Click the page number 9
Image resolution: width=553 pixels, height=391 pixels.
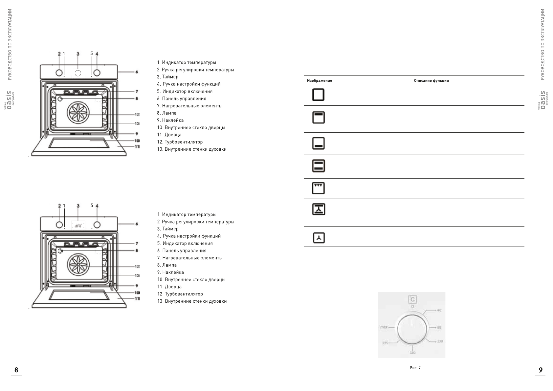point(541,370)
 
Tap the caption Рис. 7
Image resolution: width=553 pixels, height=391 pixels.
point(415,368)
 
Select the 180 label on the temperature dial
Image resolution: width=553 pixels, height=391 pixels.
point(412,353)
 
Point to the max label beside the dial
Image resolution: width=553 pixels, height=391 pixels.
point(384,327)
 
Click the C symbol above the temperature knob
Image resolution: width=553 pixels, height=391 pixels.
point(412,299)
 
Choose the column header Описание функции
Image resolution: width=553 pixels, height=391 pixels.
point(431,81)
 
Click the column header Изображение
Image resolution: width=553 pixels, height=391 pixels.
point(319,81)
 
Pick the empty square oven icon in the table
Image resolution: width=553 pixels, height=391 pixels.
point(318,95)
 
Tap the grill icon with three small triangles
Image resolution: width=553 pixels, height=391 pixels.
point(318,188)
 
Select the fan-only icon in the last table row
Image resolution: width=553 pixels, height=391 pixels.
point(319,238)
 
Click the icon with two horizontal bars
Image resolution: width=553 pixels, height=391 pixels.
point(318,166)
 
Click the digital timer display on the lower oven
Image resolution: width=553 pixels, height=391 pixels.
point(78,226)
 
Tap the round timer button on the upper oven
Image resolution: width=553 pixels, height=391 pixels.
point(78,73)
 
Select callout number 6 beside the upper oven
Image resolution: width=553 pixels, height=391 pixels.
point(137,72)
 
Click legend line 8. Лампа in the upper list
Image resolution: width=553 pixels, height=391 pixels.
point(167,113)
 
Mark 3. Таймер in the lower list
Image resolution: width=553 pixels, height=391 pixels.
point(168,229)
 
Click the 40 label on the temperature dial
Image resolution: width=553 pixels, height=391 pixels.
point(439,310)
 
